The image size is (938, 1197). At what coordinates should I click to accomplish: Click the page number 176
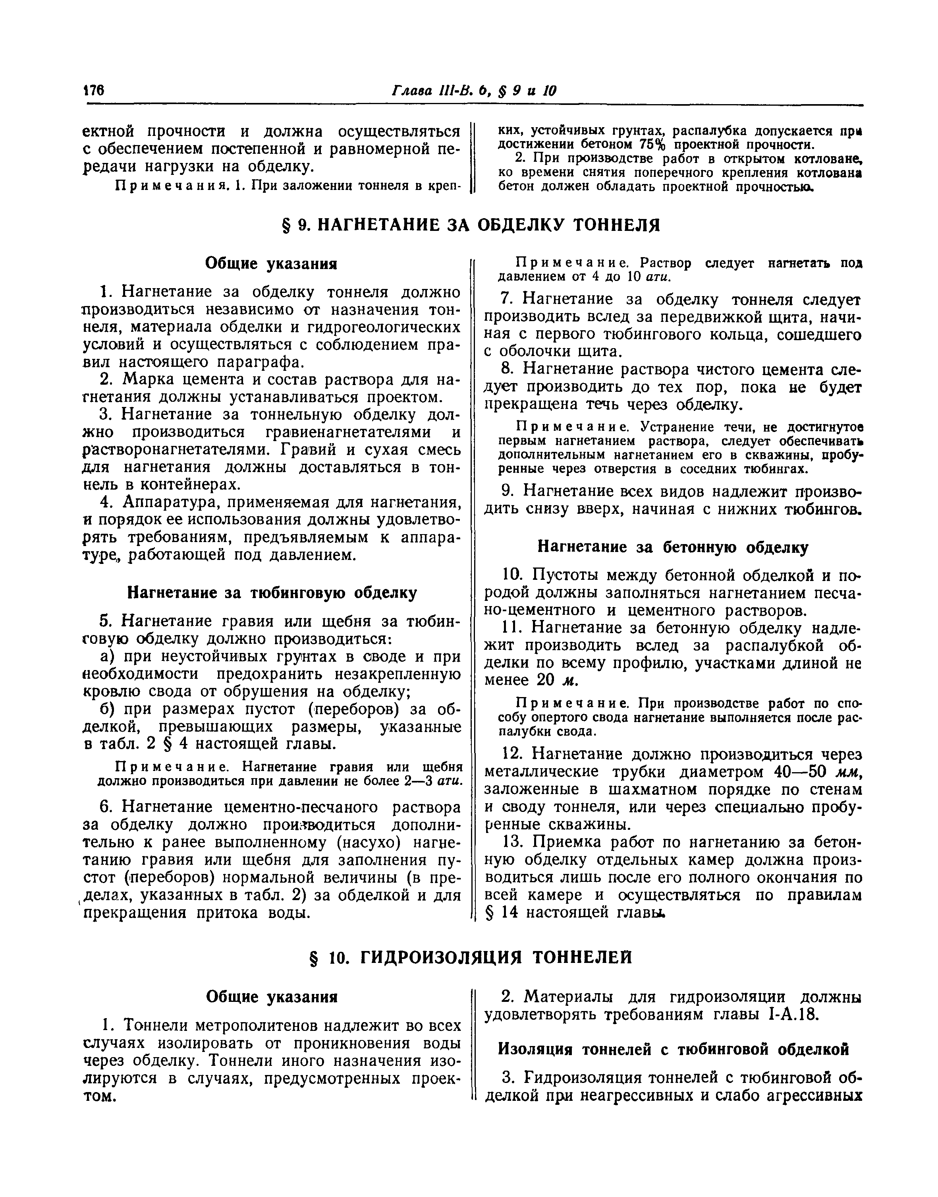(x=93, y=91)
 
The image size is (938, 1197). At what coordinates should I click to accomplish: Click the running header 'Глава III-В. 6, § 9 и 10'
(x=473, y=91)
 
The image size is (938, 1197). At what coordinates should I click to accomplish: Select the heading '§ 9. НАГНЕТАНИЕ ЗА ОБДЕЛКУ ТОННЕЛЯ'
(x=469, y=225)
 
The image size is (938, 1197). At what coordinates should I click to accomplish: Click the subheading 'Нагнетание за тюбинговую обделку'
(x=272, y=593)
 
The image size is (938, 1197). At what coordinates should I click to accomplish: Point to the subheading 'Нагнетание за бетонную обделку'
(x=672, y=547)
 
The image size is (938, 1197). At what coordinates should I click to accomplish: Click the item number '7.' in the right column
(x=507, y=300)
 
